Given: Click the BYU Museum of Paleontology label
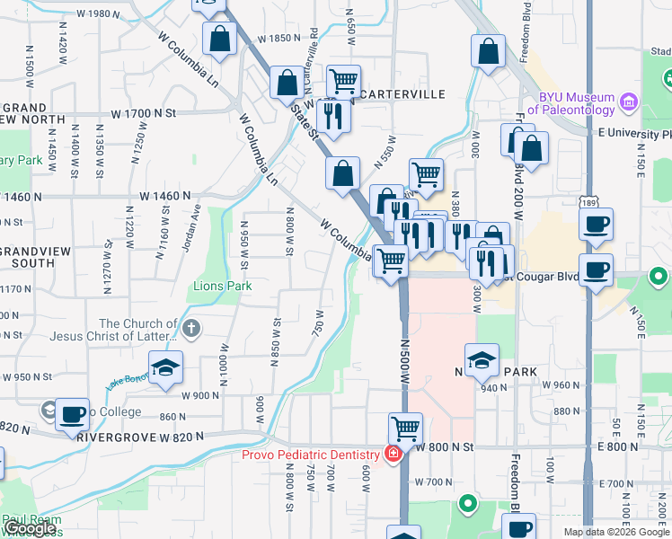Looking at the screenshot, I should click(576, 103).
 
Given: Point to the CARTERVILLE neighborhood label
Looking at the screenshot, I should click(402, 93).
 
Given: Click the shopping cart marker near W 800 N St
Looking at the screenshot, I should click(405, 429).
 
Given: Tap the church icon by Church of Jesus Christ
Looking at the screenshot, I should click(191, 330).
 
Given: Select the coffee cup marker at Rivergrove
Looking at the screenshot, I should click(72, 414).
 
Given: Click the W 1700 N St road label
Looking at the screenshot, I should click(144, 114).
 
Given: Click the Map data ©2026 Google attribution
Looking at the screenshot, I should click(615, 532).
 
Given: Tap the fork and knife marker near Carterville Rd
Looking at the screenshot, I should click(332, 115).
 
